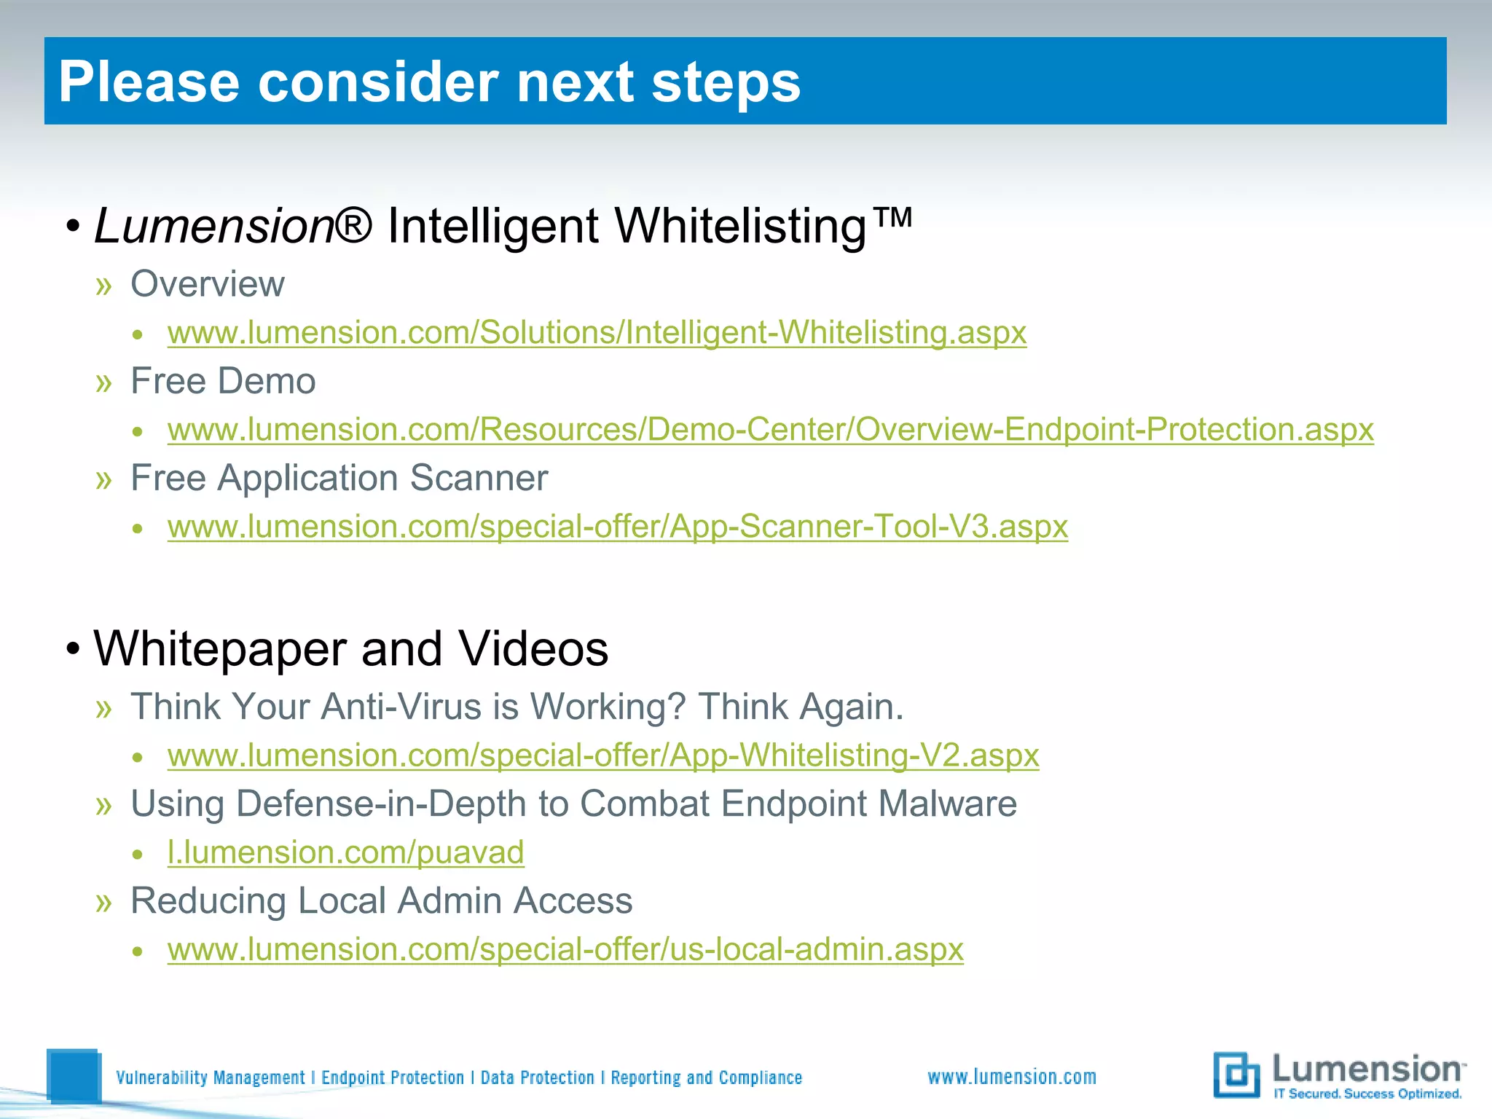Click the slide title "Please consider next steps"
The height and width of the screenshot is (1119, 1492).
[429, 82]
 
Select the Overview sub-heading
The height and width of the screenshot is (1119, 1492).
[207, 284]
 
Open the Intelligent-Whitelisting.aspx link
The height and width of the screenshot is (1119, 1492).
[597, 333]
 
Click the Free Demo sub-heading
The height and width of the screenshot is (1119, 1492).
[222, 381]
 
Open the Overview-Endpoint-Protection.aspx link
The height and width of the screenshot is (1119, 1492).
[770, 430]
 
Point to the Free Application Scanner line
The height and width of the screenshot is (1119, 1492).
[339, 479]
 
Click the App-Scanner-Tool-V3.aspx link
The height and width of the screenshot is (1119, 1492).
[617, 527]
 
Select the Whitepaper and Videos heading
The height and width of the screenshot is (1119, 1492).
[350, 648]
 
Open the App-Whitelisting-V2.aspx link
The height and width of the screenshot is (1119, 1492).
[602, 755]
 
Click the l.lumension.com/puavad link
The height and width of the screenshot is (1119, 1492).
[345, 852]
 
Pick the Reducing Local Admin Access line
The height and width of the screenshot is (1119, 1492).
[381, 901]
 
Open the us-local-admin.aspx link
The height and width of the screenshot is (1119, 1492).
[565, 949]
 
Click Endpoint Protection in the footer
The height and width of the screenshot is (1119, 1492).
[393, 1077]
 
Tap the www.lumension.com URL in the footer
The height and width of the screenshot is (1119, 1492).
[1011, 1077]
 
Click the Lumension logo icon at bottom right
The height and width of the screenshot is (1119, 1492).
[1236, 1075]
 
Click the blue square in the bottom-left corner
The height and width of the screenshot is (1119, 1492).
[74, 1075]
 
